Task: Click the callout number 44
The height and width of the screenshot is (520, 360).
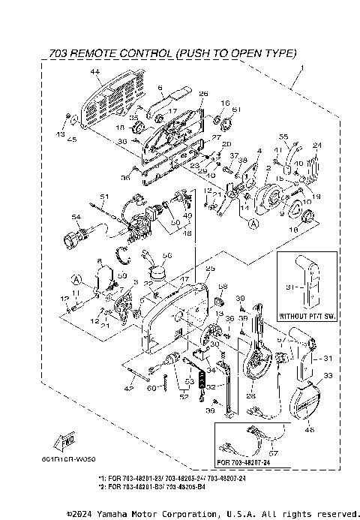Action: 95,72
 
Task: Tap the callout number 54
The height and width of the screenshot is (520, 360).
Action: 75,217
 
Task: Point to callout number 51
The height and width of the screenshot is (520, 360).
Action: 105,197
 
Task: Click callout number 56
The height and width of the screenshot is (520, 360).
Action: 167,254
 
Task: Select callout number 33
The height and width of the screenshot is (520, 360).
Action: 327,375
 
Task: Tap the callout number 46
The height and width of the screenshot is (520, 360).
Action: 310,429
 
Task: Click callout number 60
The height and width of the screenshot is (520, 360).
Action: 150,388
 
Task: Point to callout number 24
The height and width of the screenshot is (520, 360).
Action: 316,146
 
